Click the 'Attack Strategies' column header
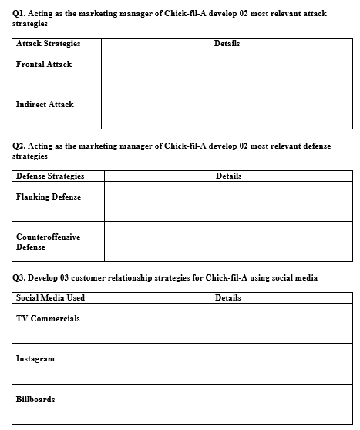(48, 44)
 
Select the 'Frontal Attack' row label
(44, 65)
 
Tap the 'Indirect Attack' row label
(45, 104)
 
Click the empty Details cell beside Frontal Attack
(226, 69)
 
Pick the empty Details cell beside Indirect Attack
(226, 109)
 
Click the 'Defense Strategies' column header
(50, 176)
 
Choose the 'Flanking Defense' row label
(49, 197)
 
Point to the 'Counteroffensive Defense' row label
(48, 242)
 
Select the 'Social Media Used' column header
(51, 297)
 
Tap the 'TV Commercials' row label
(48, 319)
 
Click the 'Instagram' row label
(35, 359)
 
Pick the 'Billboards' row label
(35, 399)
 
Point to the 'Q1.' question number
(20, 13)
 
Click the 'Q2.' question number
(20, 146)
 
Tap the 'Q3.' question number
(20, 277)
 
